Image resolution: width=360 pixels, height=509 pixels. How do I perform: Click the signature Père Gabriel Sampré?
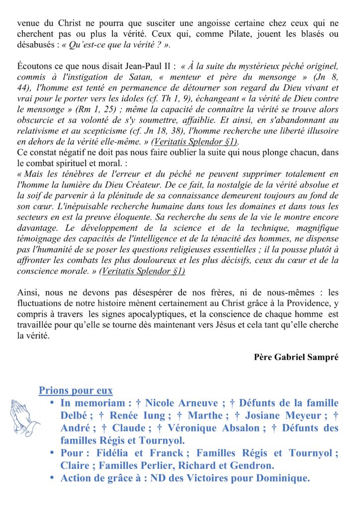pyautogui.click(x=296, y=357)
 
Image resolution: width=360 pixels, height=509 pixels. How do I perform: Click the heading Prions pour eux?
pyautogui.click(x=76, y=391)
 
